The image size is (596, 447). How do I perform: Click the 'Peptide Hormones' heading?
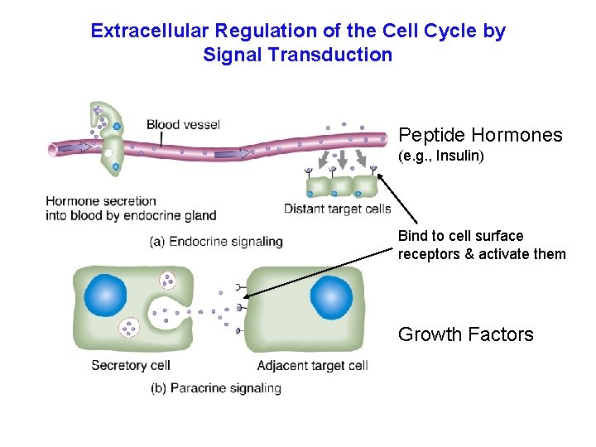click(480, 135)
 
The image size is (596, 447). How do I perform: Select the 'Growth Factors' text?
click(465, 334)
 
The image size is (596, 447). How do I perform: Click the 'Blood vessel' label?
click(183, 125)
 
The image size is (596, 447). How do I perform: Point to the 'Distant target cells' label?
click(338, 209)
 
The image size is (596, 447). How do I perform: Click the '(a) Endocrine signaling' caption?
click(216, 242)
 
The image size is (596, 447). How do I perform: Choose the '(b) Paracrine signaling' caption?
click(216, 387)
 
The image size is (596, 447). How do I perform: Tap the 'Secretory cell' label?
click(130, 365)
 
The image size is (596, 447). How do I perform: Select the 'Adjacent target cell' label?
click(312, 365)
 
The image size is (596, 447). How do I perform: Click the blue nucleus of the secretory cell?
click(105, 296)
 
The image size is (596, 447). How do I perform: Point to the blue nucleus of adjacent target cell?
click(330, 298)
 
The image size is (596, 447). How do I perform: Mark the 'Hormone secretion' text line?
click(101, 200)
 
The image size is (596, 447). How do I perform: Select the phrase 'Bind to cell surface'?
click(460, 236)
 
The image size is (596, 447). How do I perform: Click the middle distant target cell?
click(339, 185)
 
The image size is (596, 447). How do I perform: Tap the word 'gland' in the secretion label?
click(199, 215)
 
